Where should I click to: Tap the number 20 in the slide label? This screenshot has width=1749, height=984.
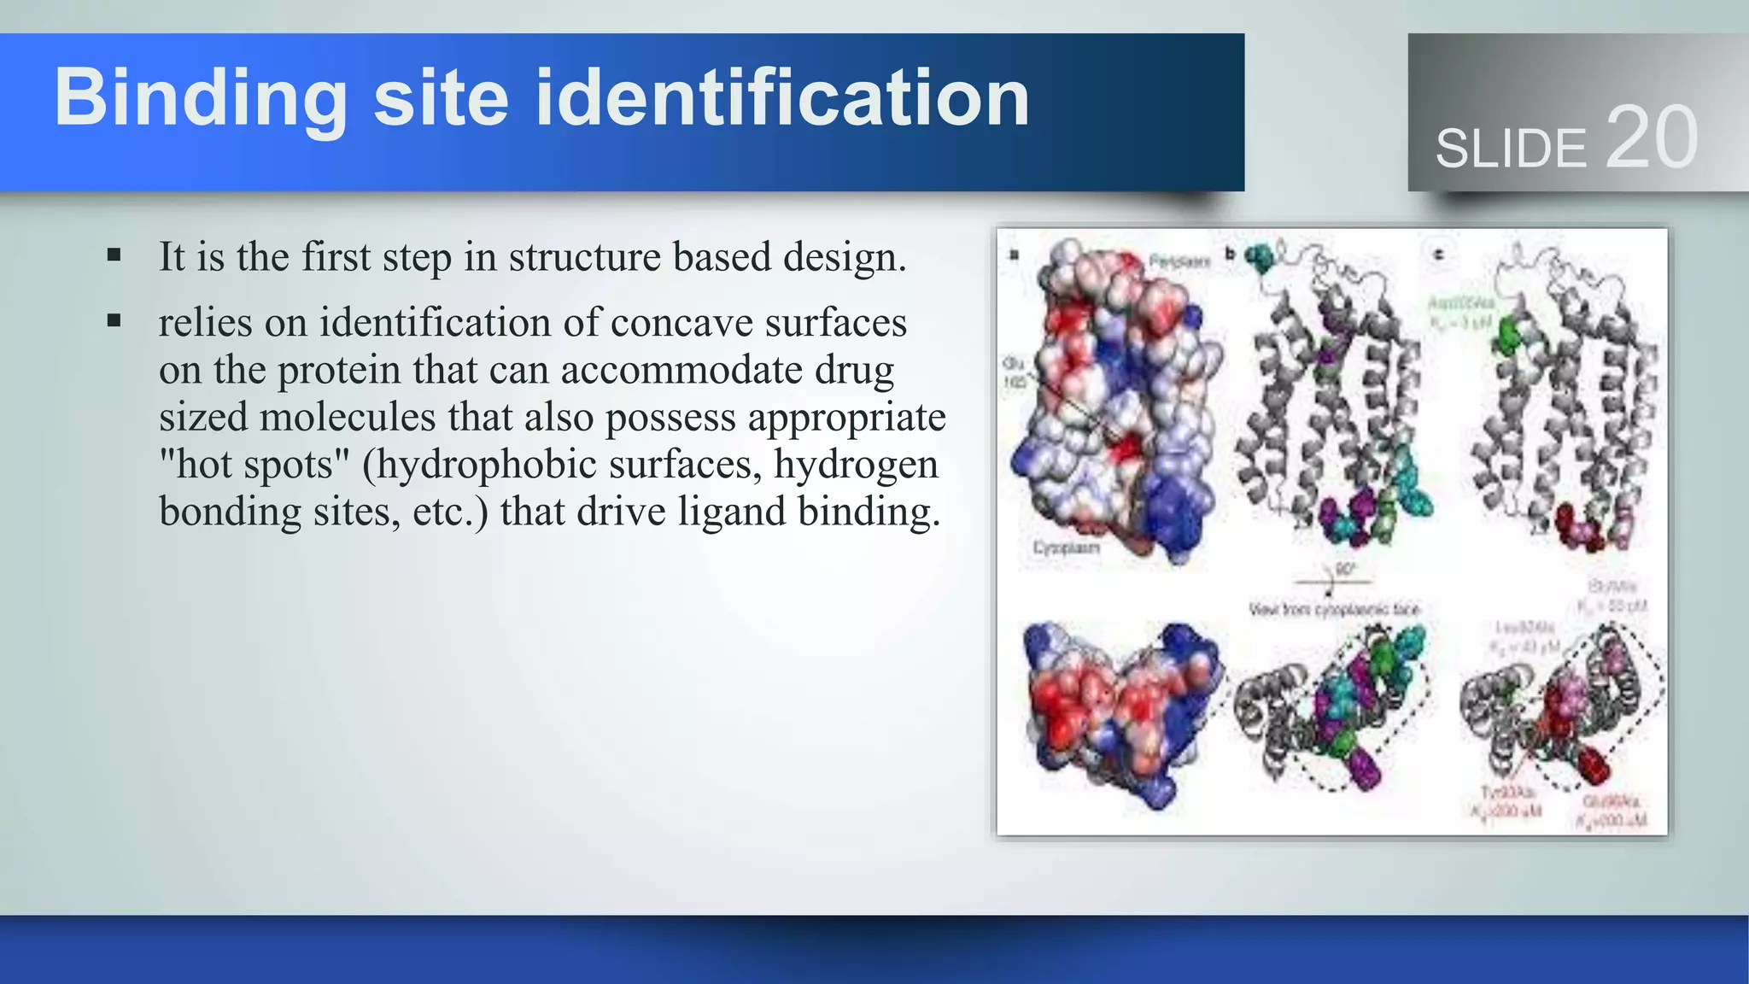1652,138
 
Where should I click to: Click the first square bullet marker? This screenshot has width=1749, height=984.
114,255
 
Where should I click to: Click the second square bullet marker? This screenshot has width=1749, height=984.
114,321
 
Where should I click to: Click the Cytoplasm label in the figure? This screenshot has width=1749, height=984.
1066,548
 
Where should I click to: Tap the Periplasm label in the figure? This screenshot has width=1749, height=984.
1179,261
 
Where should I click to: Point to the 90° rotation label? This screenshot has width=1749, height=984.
1345,570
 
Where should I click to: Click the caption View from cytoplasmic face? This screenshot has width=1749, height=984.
1333,609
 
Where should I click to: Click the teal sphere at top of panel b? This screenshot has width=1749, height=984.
1258,257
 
